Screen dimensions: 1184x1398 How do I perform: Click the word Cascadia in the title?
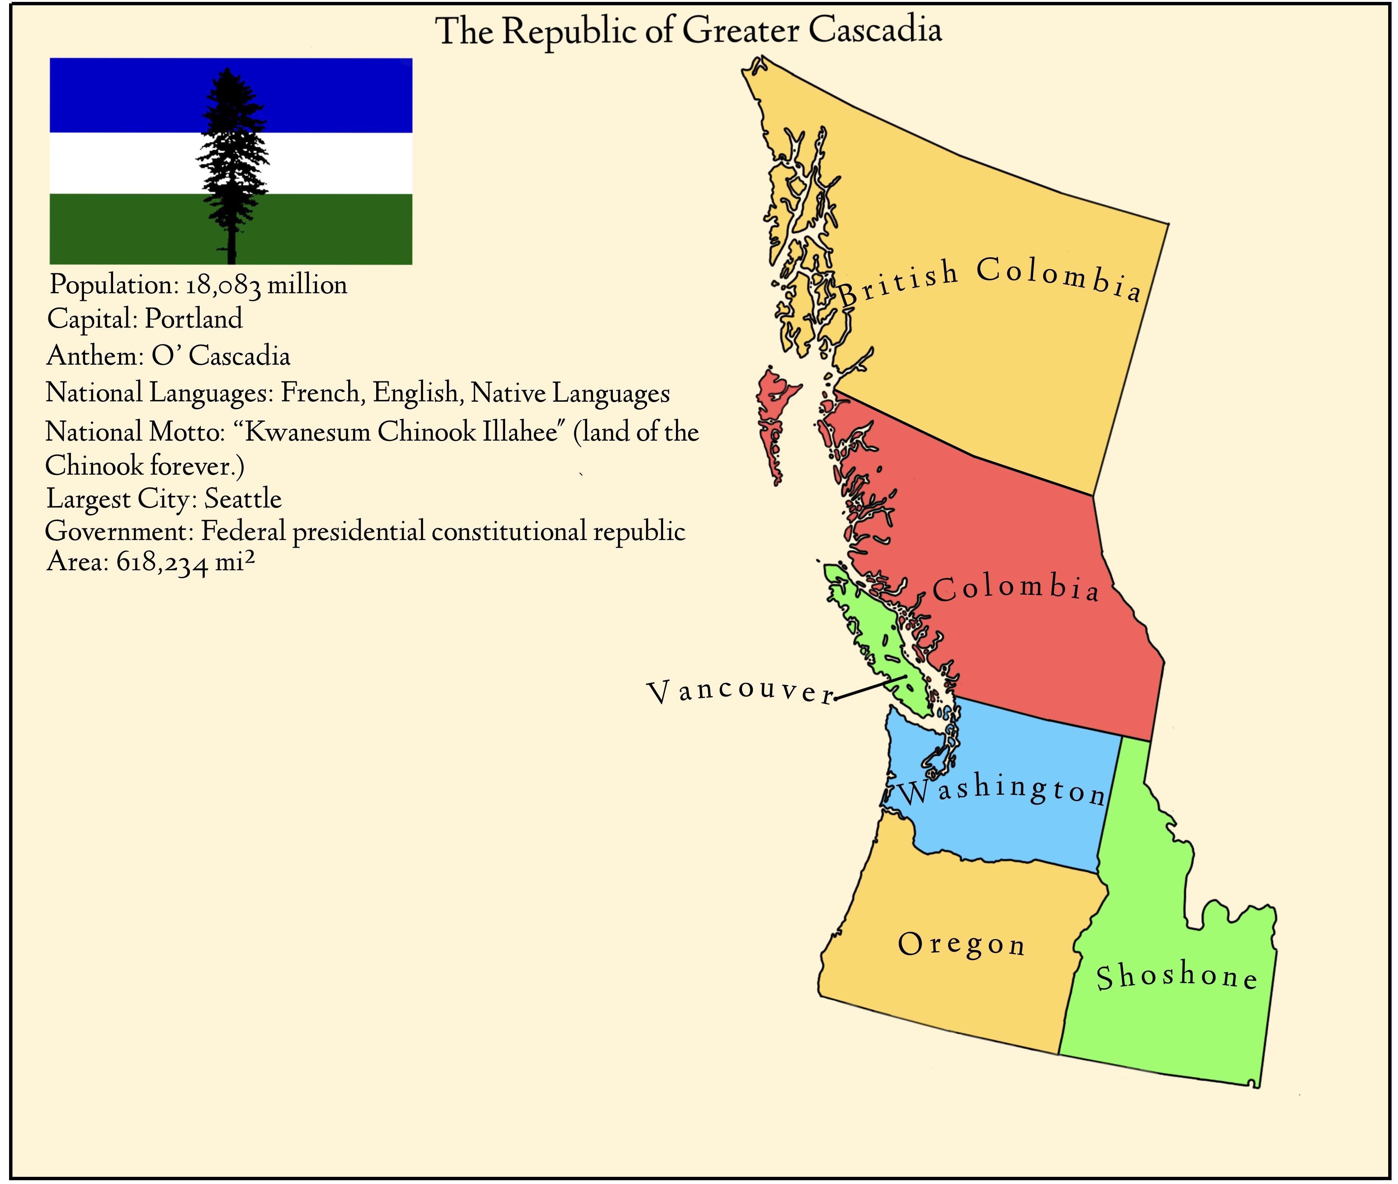[x=874, y=30]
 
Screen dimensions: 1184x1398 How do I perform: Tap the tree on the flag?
[x=232, y=161]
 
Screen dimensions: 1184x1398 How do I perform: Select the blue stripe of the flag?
[x=107, y=94]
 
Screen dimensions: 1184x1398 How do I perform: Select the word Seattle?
[x=243, y=499]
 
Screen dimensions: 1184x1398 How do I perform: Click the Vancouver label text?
[x=739, y=691]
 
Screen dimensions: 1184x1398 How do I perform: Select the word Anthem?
[x=95, y=356]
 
